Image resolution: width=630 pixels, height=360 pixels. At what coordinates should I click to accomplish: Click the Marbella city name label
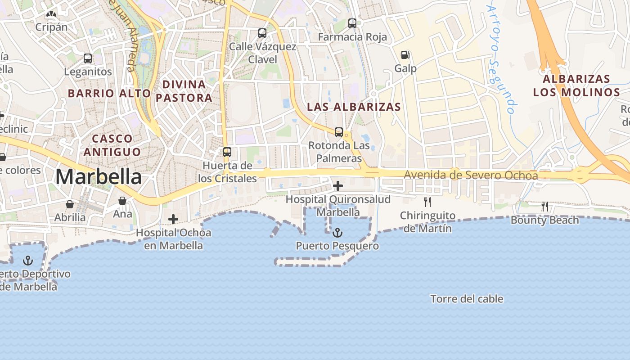coord(98,177)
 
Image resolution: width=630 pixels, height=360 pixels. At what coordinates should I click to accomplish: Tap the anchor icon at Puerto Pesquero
coord(337,233)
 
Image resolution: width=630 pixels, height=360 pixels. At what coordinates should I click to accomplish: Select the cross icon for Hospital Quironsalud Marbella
coord(337,185)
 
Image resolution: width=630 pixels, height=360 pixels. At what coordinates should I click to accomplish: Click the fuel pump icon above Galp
coord(405,55)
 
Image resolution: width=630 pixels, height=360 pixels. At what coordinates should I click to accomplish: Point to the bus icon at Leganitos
coord(88,58)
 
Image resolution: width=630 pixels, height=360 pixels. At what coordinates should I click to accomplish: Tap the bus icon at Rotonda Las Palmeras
coord(339,132)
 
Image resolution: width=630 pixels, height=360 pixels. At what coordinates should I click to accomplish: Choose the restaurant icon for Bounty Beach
coord(545,207)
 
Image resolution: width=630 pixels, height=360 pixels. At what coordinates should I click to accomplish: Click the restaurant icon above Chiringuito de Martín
coord(427,202)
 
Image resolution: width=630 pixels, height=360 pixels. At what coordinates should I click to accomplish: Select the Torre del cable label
coord(467,299)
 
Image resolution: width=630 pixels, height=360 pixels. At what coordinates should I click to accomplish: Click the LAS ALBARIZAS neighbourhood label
coord(354,107)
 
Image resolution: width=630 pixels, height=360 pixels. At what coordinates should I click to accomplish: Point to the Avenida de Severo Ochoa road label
coord(471,175)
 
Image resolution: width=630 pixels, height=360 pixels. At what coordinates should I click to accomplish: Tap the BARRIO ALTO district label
coord(109,93)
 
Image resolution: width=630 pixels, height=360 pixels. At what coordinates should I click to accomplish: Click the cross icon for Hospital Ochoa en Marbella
coord(173,219)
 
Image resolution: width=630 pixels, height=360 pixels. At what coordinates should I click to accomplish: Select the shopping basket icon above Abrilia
coord(70,204)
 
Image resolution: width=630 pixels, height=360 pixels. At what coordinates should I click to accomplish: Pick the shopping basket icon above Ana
coord(122,201)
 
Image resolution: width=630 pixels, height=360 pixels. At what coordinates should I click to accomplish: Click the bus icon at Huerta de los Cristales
coord(227,152)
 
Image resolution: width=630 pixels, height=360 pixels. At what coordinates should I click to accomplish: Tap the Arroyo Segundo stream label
coord(501,58)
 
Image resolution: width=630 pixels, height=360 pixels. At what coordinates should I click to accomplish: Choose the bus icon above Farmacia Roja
coord(352,23)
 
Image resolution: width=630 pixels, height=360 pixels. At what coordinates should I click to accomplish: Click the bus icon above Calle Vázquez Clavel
coord(262,33)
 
